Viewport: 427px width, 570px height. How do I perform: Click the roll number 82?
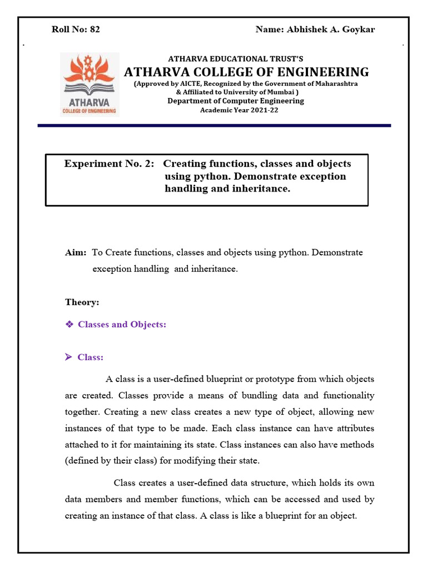[x=95, y=30]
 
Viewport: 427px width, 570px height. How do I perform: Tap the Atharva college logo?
[x=90, y=84]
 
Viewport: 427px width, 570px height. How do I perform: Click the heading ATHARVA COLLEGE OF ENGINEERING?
[x=246, y=72]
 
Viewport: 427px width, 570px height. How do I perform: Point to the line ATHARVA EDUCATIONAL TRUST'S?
[x=236, y=58]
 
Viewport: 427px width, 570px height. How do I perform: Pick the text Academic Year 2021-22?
[x=239, y=110]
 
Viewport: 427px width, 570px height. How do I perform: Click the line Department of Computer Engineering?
[x=236, y=101]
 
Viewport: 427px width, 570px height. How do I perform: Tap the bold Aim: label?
[x=75, y=253]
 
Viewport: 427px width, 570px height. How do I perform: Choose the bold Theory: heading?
[x=82, y=302]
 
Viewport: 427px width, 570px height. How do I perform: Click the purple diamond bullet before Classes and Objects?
[x=69, y=324]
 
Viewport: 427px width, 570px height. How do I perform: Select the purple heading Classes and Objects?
[x=122, y=324]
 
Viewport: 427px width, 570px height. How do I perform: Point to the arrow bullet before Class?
[x=69, y=357]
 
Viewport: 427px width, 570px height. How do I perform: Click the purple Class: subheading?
[x=90, y=357]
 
